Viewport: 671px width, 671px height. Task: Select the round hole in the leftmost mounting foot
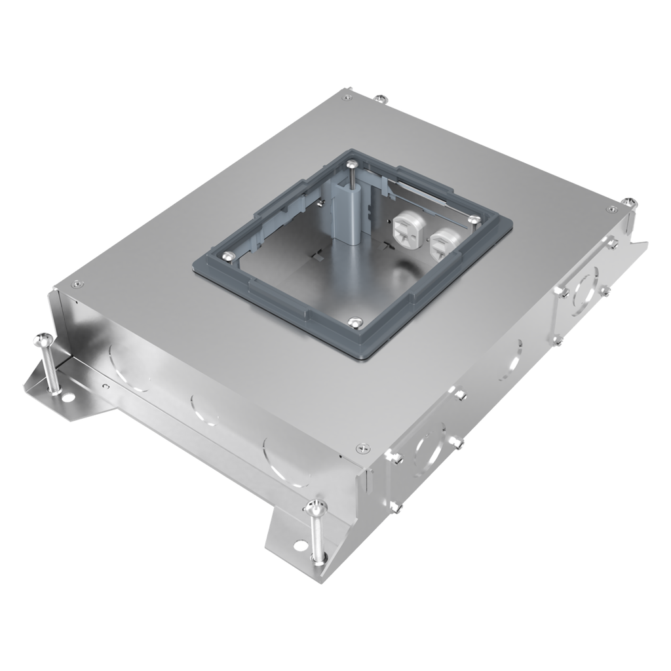(x=67, y=397)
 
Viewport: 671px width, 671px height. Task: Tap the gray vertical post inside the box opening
(x=353, y=210)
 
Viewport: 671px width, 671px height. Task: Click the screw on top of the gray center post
(x=353, y=164)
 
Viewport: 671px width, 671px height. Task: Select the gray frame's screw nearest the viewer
(x=355, y=321)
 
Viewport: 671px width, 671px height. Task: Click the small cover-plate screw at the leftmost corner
(x=77, y=284)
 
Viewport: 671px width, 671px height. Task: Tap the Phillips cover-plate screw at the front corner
(x=360, y=448)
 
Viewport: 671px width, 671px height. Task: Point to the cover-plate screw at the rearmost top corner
(x=347, y=96)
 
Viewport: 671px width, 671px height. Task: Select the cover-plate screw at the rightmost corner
(x=611, y=210)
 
